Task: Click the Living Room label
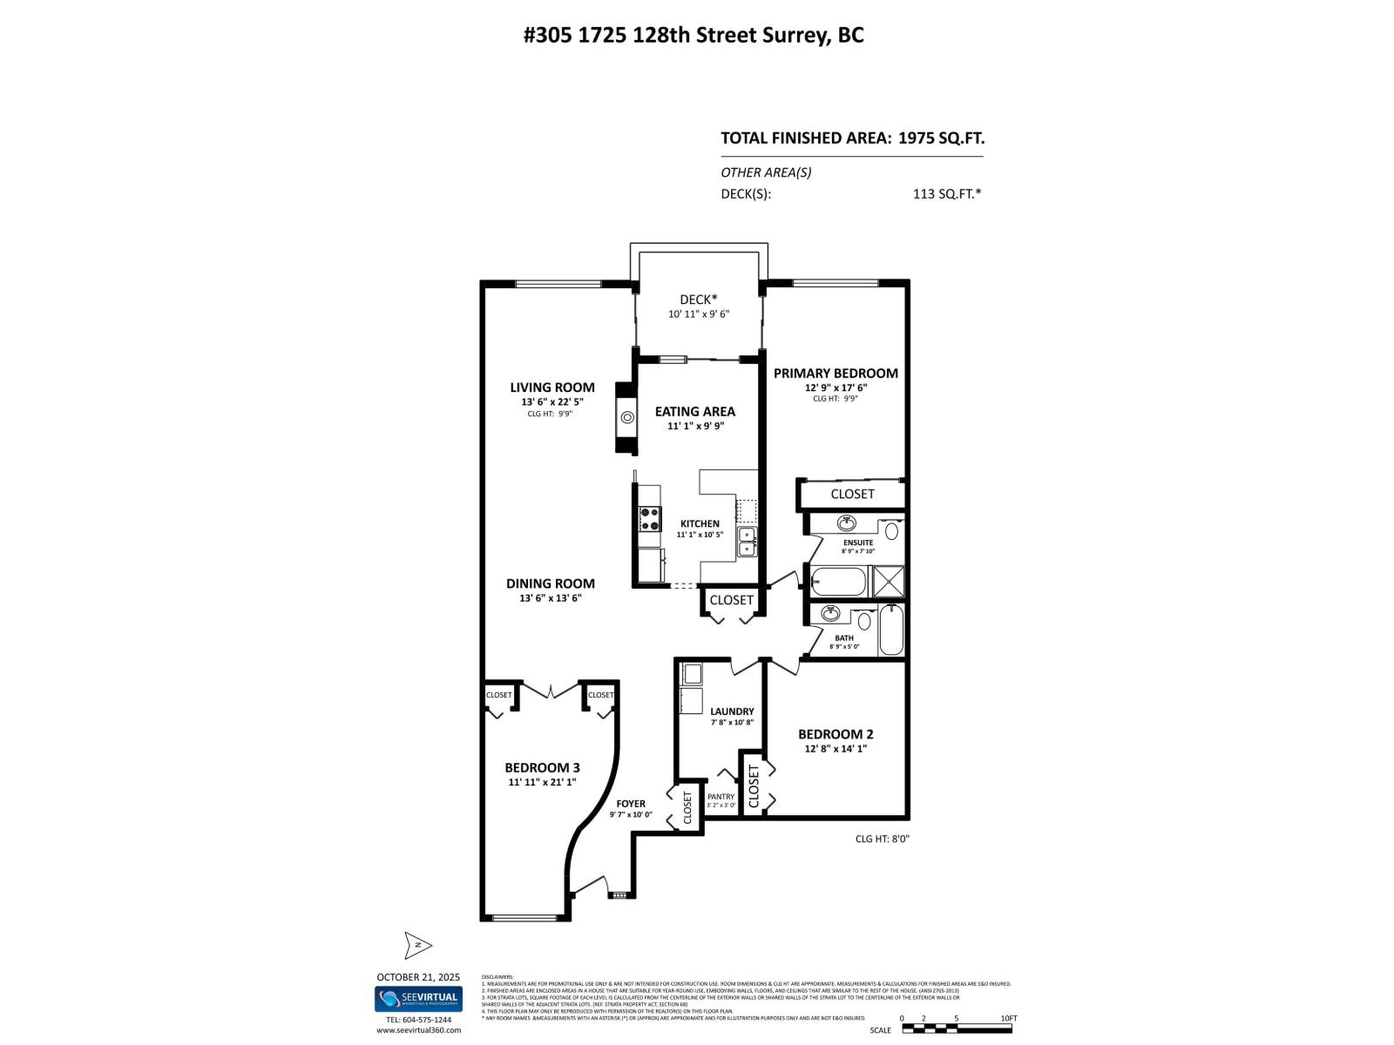552,388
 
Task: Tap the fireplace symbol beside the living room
626,417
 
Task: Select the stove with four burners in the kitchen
648,520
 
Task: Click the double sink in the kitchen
747,542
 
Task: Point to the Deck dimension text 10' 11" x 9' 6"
698,314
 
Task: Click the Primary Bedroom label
835,373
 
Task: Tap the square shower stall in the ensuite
890,581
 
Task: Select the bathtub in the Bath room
890,631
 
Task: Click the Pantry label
721,796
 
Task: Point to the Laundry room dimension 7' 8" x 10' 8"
731,722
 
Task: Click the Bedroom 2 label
835,734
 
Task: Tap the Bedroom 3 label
542,767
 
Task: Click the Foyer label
631,804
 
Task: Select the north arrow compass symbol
418,945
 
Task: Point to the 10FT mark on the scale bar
1009,1018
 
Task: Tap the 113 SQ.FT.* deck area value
946,194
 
